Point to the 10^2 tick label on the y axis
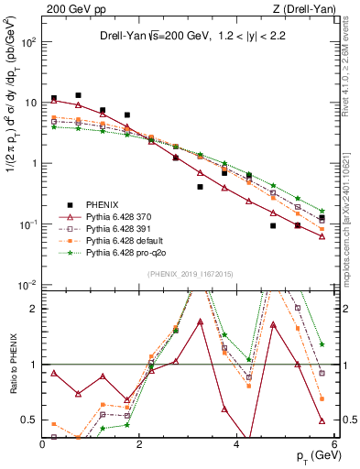(29, 43)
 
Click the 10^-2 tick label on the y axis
(29, 286)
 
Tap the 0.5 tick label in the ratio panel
(30, 420)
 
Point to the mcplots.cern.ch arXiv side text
(352, 202)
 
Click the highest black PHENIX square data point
(79, 95)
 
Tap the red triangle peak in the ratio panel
(200, 322)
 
